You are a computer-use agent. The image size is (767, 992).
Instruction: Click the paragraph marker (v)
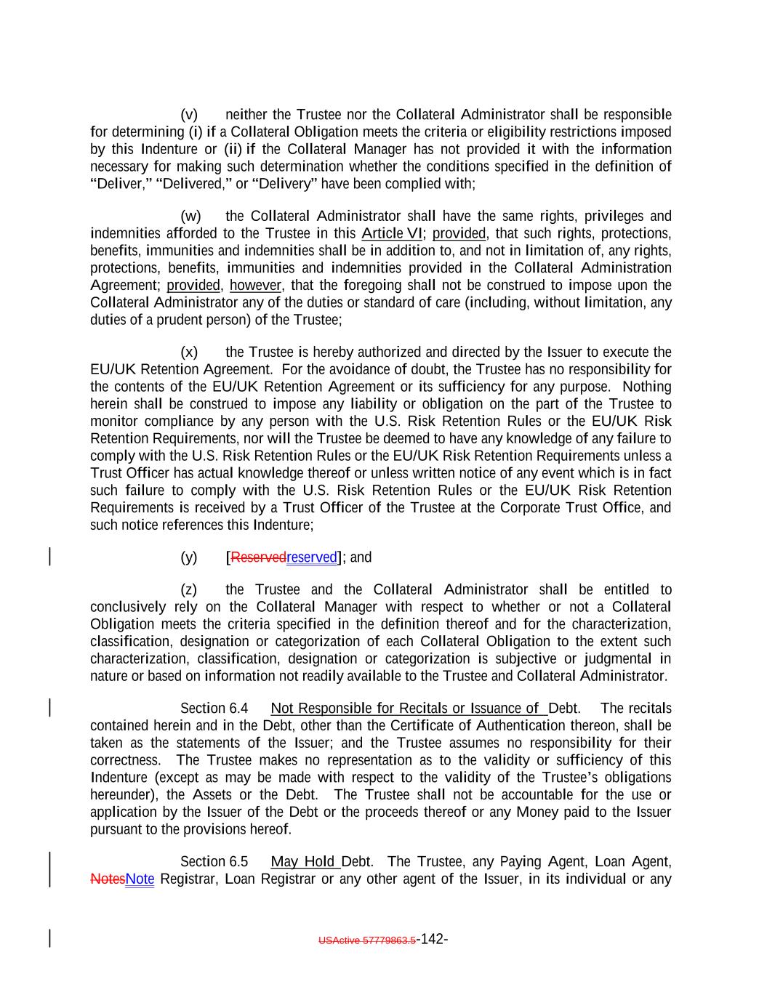(x=189, y=115)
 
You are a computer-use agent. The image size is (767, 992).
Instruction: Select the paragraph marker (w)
(x=190, y=216)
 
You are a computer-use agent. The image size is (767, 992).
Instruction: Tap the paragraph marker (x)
(x=189, y=352)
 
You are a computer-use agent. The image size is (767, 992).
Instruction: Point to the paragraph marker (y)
(x=189, y=557)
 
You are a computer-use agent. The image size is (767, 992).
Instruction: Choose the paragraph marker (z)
(x=189, y=589)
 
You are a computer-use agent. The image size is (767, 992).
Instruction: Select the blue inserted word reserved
(x=312, y=557)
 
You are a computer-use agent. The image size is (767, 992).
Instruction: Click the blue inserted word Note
(x=140, y=879)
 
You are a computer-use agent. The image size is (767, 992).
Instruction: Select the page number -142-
(x=433, y=939)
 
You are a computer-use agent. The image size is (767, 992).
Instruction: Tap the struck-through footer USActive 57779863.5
(x=367, y=940)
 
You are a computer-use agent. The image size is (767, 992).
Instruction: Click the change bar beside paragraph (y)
(x=49, y=557)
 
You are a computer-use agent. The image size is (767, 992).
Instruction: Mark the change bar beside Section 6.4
(x=49, y=709)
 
